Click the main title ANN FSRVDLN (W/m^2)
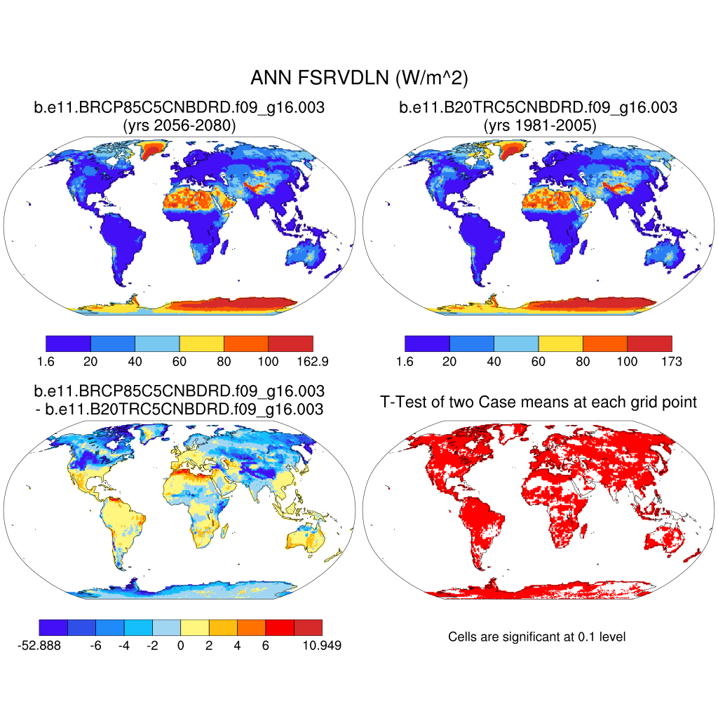(358, 77)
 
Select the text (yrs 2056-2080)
(179, 126)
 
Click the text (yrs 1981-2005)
(538, 126)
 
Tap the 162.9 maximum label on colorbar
(313, 361)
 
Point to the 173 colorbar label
(672, 361)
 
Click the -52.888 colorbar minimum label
(39, 645)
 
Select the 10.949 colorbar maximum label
(322, 645)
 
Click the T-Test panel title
(538, 402)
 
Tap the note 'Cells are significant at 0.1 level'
(537, 637)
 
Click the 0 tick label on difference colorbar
(181, 645)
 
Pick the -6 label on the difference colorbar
(96, 645)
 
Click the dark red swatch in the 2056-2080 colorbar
(290, 344)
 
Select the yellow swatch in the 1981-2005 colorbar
(561, 344)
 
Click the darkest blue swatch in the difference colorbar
(53, 627)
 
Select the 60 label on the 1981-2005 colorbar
(538, 361)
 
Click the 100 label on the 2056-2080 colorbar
(269, 361)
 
